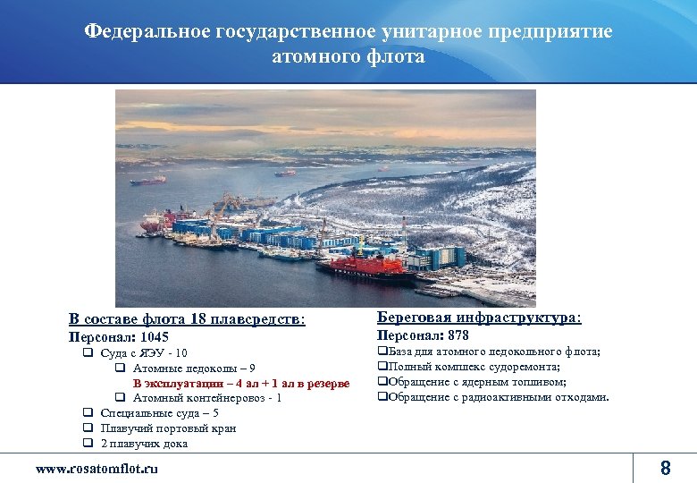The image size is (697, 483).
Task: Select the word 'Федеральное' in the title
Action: point(147,31)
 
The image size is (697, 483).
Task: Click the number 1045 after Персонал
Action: point(154,337)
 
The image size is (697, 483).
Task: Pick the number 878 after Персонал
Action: point(458,335)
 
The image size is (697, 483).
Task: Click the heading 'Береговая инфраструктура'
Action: point(479,318)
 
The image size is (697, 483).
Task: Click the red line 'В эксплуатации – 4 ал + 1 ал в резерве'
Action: point(241,383)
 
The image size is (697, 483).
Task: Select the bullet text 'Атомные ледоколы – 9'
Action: point(194,368)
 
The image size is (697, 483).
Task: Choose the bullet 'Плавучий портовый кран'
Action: point(168,428)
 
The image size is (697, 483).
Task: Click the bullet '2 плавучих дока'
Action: point(144,443)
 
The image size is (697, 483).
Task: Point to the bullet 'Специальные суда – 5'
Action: point(159,412)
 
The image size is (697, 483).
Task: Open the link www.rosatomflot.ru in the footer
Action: point(97,468)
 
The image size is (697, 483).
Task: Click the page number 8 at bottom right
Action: point(664,467)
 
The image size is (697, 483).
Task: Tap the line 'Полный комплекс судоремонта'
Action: point(473,367)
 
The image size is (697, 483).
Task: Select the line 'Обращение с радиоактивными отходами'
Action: point(497,396)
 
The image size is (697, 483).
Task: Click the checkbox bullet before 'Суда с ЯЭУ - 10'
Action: point(88,352)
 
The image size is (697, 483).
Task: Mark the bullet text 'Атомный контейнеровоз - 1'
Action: point(207,397)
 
